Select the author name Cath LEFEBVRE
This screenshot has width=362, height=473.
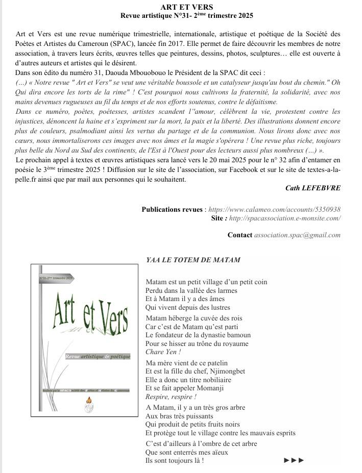click(313, 188)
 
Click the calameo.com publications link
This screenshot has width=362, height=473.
click(275, 209)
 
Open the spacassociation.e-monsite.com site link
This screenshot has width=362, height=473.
click(284, 218)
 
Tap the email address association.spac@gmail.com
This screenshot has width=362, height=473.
click(297, 235)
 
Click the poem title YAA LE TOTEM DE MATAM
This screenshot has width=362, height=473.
click(193, 260)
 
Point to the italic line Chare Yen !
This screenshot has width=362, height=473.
click(163, 352)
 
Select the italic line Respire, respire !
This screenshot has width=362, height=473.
click(171, 397)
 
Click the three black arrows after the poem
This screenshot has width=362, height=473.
click(294, 460)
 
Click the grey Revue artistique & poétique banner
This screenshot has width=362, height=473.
click(98, 356)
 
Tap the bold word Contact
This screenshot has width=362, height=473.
click(239, 235)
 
